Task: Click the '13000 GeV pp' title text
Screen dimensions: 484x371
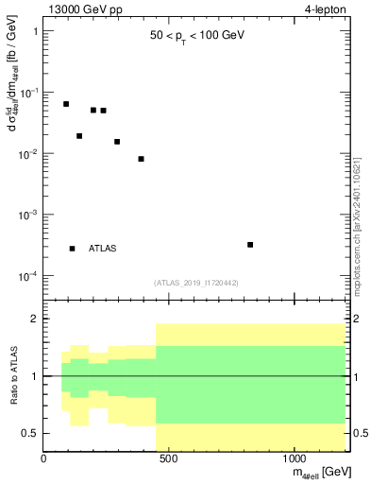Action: tap(81, 9)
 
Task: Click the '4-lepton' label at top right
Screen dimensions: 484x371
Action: tap(325, 9)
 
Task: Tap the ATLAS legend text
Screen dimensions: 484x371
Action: tap(103, 249)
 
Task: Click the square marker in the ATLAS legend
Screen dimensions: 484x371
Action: tap(73, 249)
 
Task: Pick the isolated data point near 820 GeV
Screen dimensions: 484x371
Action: tap(250, 245)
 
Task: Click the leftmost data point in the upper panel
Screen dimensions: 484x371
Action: tap(66, 104)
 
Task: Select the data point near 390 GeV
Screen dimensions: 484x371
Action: tap(141, 159)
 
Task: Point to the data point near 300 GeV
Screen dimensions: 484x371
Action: tap(117, 142)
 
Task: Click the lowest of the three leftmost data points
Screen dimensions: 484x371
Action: tap(79, 136)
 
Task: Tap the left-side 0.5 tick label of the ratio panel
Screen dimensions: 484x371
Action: tap(30, 433)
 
